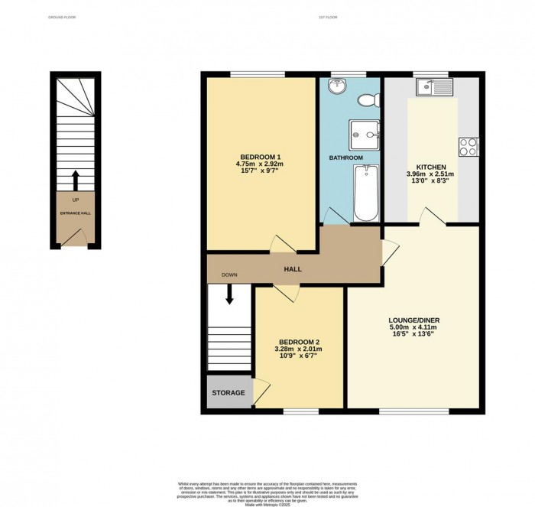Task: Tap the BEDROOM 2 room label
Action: click(299, 342)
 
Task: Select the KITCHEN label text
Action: click(431, 167)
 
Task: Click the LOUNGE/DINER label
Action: click(414, 320)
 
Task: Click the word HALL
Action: click(293, 269)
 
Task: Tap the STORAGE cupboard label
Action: click(229, 393)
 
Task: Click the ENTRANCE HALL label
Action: click(76, 213)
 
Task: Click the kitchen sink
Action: click(433, 86)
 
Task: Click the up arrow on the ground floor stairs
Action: click(75, 180)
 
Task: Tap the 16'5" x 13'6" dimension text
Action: click(414, 336)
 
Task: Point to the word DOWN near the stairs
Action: click(229, 275)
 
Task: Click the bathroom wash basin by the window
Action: click(338, 84)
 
